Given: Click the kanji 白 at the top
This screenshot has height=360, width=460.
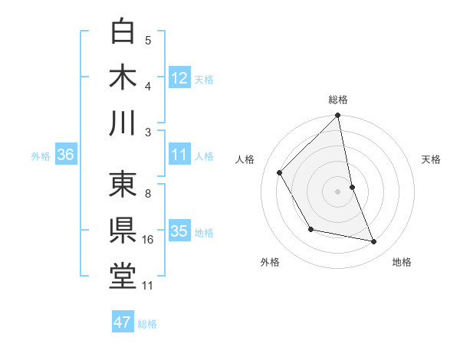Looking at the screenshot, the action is coord(123,31).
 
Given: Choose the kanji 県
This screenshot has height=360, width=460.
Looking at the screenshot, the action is coord(123,230).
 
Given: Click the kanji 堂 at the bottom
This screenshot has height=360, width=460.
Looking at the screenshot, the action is coord(123,276).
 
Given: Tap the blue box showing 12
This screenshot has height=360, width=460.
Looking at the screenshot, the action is coord(179,77).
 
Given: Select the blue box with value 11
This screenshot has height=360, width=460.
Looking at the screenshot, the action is coord(179,155).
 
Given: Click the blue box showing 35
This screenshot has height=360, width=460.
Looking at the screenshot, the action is coord(179,231).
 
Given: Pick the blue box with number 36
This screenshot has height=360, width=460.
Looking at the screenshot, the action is coord(66,155).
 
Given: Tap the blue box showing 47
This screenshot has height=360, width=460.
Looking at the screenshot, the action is coord(123,322).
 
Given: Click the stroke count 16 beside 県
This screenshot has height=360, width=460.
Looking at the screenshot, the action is coord(148,240).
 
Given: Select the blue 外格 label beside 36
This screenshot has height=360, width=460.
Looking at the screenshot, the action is coord(41,156).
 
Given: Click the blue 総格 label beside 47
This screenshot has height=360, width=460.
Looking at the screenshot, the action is coord(147,324).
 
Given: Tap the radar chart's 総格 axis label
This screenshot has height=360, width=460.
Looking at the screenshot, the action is coord(338,100).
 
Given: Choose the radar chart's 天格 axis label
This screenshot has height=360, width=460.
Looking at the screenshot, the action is coord(432,159).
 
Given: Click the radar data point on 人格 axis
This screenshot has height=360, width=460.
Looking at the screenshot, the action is coord(280,172).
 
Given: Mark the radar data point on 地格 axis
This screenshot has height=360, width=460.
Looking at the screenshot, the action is coord(374,242).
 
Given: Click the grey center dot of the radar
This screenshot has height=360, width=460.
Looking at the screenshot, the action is coord(338,191).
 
